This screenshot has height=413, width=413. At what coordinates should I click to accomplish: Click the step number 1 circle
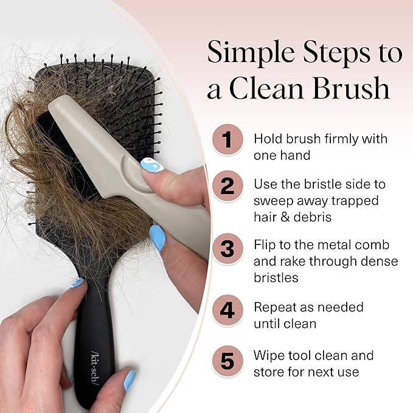tap(227, 140)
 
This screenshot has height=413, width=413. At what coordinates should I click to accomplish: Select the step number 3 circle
tap(227, 248)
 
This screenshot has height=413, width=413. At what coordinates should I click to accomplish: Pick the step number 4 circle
tap(227, 310)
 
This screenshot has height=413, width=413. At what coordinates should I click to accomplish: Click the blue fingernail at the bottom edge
tap(130, 381)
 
